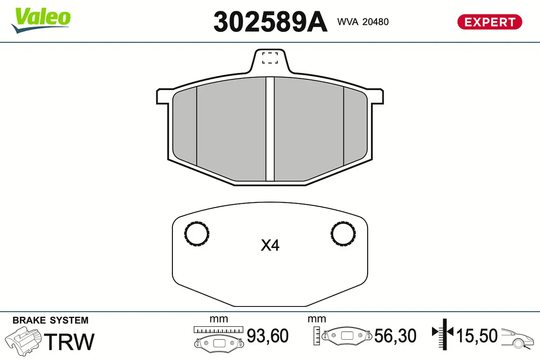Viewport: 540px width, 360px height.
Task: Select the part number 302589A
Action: click(x=270, y=22)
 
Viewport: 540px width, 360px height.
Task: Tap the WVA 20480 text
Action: click(x=363, y=22)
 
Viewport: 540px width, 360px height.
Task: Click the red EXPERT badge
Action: click(x=490, y=22)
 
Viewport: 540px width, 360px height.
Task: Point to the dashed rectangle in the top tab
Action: click(x=270, y=58)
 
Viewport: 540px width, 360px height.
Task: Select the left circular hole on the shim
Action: click(x=197, y=234)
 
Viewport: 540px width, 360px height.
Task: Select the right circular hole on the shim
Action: click(x=343, y=234)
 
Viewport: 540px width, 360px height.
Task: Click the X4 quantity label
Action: click(x=270, y=246)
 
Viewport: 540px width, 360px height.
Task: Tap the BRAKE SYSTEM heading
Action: click(x=50, y=320)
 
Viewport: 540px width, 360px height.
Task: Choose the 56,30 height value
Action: click(x=395, y=336)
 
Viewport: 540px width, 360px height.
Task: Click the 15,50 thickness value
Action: click(x=477, y=336)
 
